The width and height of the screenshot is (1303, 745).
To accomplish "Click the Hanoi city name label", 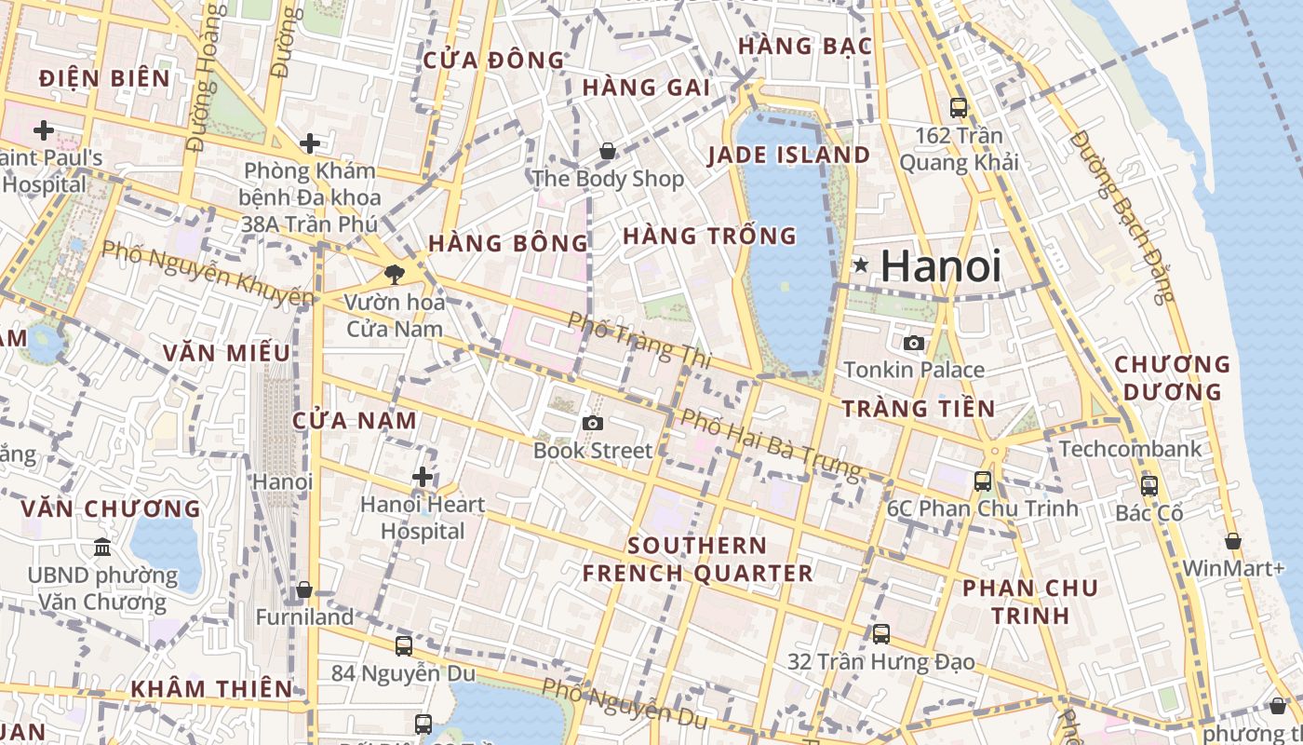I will pyautogui.click(x=940, y=266).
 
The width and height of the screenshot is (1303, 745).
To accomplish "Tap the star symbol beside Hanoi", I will pyautogui.click(x=862, y=266).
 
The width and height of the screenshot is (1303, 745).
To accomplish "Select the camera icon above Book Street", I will pyautogui.click(x=593, y=424).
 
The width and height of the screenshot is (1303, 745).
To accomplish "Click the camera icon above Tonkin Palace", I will pyautogui.click(x=914, y=343).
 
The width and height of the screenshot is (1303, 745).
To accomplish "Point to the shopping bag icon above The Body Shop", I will pyautogui.click(x=608, y=150).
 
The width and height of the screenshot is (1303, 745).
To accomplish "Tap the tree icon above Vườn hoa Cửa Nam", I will pyautogui.click(x=395, y=274).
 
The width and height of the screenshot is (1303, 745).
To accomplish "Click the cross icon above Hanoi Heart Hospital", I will pyautogui.click(x=423, y=478).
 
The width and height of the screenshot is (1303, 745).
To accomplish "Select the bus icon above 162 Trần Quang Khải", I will pyautogui.click(x=959, y=108).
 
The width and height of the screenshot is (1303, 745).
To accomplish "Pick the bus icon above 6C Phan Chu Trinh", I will pyautogui.click(x=983, y=481).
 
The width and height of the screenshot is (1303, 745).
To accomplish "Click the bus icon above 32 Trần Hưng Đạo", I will pyautogui.click(x=881, y=634).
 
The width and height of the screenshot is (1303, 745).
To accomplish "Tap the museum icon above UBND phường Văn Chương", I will pyautogui.click(x=102, y=547).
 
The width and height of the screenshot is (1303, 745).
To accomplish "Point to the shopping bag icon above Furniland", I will pyautogui.click(x=304, y=589).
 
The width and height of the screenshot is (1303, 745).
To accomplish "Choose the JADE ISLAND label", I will pyautogui.click(x=789, y=156).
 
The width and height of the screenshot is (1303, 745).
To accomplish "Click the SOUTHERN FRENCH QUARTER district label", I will pyautogui.click(x=698, y=559).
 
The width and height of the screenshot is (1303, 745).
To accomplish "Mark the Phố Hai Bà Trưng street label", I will pyautogui.click(x=770, y=445).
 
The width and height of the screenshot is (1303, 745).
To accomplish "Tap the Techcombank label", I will pyautogui.click(x=1131, y=449).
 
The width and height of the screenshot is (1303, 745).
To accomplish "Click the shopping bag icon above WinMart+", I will pyautogui.click(x=1233, y=541).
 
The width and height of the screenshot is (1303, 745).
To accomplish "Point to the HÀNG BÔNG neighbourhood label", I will pyautogui.click(x=508, y=244).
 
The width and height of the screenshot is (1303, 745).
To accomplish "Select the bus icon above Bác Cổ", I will pyautogui.click(x=1149, y=485).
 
